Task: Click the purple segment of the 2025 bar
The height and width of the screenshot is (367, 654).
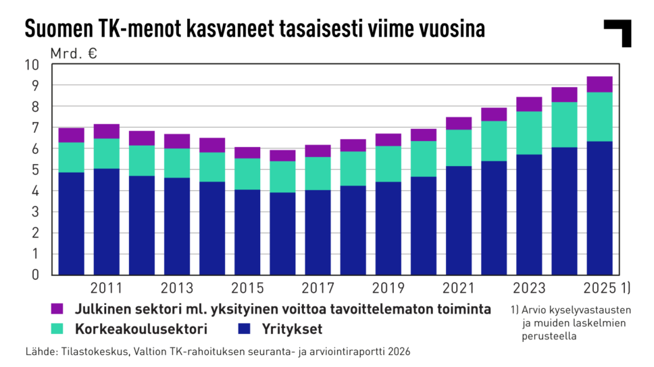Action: coord(600,84)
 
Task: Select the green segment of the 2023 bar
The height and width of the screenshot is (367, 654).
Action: coord(530,133)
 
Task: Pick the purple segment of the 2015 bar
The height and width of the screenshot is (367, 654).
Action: coord(248,152)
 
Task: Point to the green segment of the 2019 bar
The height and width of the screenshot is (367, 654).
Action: coord(388,164)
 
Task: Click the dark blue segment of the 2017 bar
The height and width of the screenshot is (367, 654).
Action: coord(318,232)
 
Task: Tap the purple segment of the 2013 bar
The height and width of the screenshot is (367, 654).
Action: coord(177,141)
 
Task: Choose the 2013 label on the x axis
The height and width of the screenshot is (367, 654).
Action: coord(177,289)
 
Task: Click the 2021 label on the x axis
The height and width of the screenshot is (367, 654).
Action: coord(459,289)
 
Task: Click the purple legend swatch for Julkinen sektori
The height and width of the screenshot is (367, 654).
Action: coord(57,309)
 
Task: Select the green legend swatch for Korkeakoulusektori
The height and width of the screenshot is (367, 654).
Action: coord(57,330)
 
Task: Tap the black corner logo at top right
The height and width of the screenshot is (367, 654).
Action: coord(618,32)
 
